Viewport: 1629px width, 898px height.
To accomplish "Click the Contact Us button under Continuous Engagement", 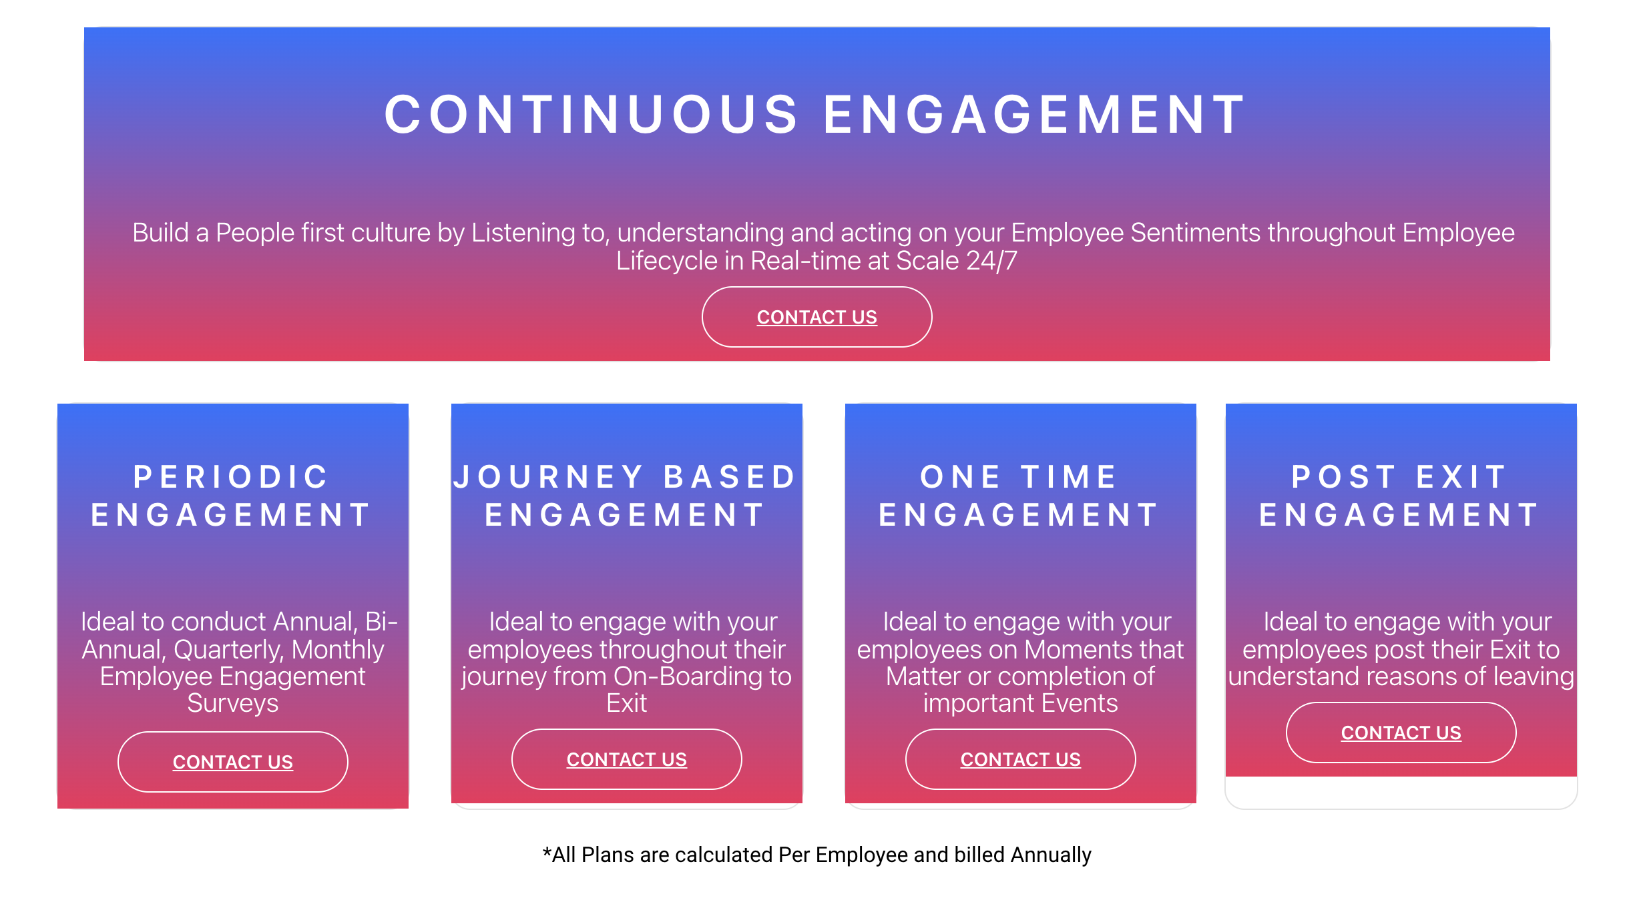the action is pos(817,317).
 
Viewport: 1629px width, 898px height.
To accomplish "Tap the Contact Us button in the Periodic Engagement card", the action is pos(233,762).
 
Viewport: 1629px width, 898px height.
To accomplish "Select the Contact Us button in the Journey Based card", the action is pos(627,759).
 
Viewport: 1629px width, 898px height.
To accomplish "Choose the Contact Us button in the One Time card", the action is pos(1021,759).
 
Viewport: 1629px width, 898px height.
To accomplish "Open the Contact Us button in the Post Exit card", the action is pos(1401,733).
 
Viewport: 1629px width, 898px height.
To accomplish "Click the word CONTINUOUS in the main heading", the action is pos(592,115).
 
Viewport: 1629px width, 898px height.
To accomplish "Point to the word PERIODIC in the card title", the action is pos(231,477).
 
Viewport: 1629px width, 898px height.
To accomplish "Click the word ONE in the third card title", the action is pos(961,477).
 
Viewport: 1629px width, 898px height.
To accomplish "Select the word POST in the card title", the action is pos(1344,477).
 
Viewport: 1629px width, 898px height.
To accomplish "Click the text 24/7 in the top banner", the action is pos(992,261).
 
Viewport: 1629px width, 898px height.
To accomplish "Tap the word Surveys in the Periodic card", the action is pos(233,704).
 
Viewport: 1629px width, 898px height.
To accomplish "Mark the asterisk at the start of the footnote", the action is pos(547,853).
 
